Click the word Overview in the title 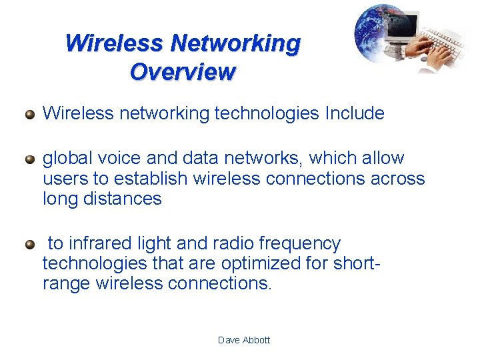183,71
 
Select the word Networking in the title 235,43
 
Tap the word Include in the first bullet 354,113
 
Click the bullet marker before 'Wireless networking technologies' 29,114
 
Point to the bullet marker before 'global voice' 29,159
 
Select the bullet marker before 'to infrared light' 29,244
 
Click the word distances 123,199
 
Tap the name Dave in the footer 229,340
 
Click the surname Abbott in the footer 256,340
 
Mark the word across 397,179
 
